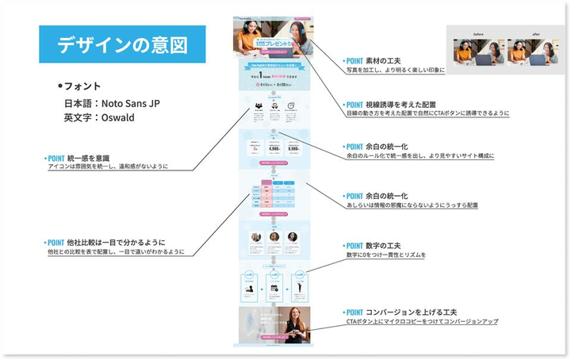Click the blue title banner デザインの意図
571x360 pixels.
tap(122, 44)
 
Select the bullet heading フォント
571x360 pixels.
tap(80, 86)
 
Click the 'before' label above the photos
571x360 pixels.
tap(477, 35)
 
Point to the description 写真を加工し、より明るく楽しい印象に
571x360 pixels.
tap(393, 70)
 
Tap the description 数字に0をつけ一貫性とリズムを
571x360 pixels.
tap(385, 255)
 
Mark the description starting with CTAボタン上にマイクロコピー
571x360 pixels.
tap(421, 321)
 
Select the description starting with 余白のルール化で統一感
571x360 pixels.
tap(420, 156)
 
